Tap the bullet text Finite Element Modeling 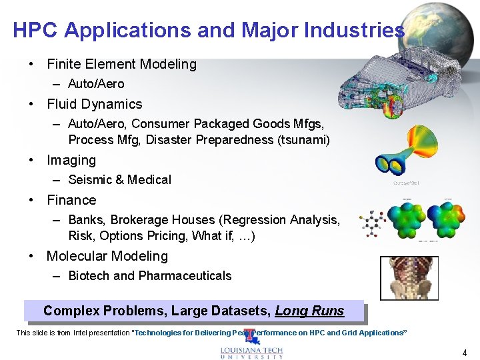pos(121,65)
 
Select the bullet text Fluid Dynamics pos(94,105)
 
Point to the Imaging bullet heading pos(71,161)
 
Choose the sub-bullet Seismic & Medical pos(119,180)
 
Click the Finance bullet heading pos(71,201)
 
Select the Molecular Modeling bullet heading pos(107,257)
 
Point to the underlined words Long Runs pos(309,311)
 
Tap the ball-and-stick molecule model pos(369,223)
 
